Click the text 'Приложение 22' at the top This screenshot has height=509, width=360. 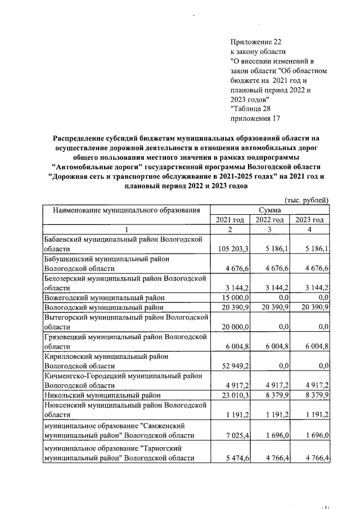point(256,42)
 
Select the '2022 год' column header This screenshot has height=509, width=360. point(269,219)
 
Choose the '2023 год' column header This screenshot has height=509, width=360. point(309,219)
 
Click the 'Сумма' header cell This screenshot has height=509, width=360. point(269,210)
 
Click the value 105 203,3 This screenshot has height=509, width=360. point(232,248)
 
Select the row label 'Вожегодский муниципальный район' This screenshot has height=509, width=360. point(105,298)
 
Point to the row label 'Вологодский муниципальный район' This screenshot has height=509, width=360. point(105,307)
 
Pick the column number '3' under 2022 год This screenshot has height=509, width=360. point(269,229)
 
